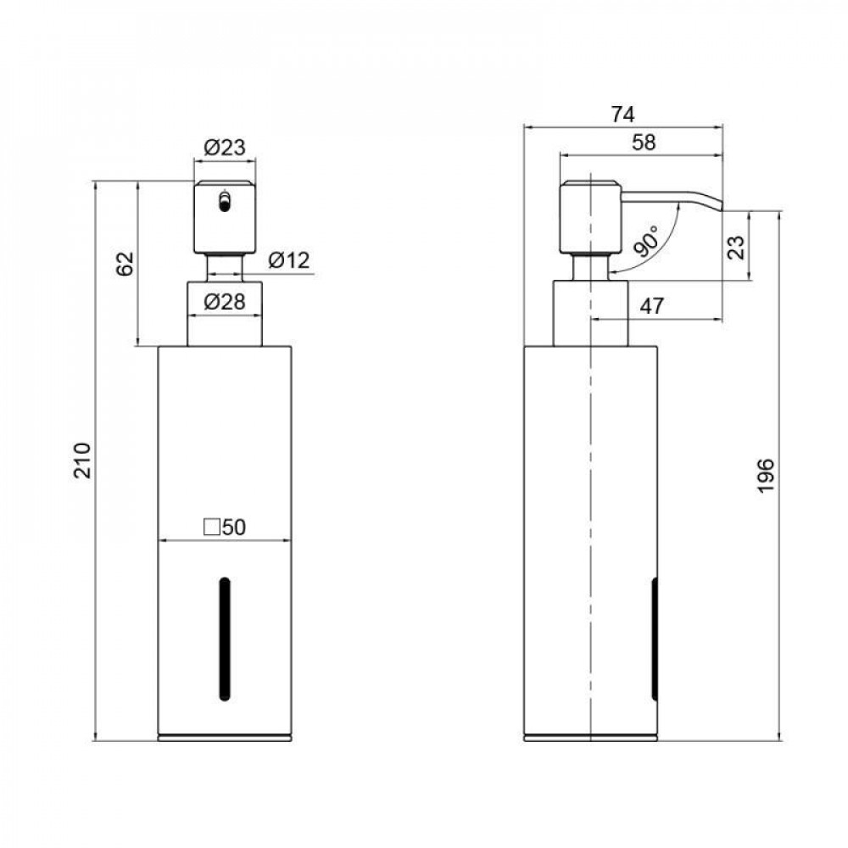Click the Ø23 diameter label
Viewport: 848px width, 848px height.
tap(225, 147)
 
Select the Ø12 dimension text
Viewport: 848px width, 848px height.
tap(289, 260)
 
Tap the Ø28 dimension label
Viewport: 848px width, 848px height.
tap(225, 302)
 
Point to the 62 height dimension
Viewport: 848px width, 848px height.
tap(125, 264)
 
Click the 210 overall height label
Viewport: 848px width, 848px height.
tap(83, 460)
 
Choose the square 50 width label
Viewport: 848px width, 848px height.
tap(225, 527)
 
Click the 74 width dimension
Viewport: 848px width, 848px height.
tap(623, 114)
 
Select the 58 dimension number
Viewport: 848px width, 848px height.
tap(644, 142)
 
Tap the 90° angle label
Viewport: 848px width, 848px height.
tap(646, 241)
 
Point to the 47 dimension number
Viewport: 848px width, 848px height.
tap(651, 306)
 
